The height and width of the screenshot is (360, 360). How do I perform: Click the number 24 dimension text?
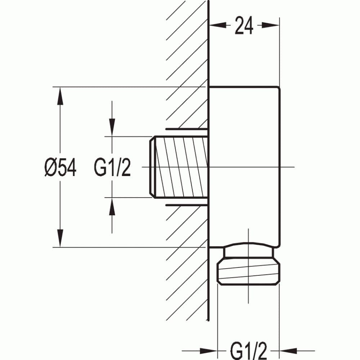tap(244, 26)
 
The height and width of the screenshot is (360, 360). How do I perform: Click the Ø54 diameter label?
tap(60, 168)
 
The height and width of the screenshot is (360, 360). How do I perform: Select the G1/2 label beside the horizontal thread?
tap(112, 168)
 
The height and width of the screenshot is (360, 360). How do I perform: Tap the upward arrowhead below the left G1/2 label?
tap(112, 207)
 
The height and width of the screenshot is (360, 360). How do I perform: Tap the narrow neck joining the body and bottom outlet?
tap(248, 253)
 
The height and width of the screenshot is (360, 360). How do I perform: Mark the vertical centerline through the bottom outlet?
tap(248, 295)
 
